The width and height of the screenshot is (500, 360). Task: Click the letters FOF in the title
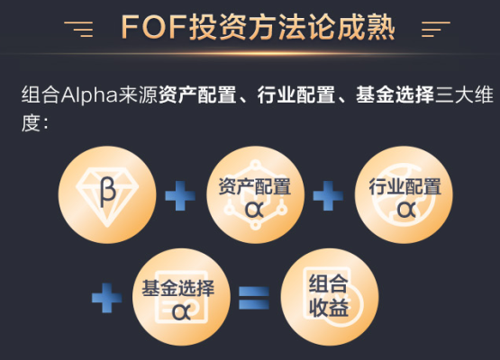153,27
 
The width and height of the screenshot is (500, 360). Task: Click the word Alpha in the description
89,95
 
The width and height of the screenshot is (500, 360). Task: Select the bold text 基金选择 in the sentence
395,94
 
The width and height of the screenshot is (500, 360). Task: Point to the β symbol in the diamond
107,192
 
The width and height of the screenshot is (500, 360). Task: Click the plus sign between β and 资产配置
180,195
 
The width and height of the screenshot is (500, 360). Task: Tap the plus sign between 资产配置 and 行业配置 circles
328,195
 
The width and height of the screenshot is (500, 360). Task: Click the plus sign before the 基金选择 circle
107,298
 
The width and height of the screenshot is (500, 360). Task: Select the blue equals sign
254,298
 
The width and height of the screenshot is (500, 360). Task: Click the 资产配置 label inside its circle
254,186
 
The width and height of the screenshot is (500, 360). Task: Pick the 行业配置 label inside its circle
405,186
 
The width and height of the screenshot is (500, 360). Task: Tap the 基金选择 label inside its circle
178,288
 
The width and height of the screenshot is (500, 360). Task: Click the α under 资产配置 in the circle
254,209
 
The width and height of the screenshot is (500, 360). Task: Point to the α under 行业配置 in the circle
406,209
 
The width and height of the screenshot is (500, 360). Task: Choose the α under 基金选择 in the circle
181,311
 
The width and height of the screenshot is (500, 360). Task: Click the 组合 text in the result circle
328,283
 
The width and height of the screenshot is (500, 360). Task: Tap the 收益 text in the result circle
328,308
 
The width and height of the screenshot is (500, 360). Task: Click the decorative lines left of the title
78,29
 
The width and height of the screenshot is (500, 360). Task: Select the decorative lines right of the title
436,29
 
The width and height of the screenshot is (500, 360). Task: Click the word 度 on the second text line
31,123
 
